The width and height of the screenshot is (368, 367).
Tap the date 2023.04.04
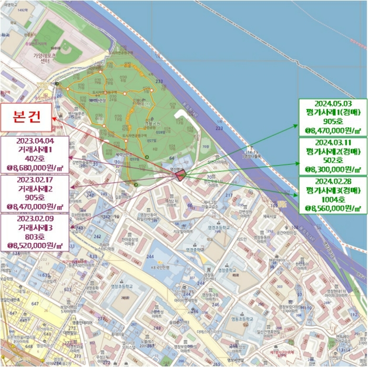tap(35, 141)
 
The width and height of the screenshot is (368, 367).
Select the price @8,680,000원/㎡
tap(35, 167)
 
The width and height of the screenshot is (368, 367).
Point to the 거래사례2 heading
tap(35, 189)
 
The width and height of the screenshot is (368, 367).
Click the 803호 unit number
tap(35, 236)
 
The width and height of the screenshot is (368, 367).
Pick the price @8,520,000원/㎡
tap(35, 245)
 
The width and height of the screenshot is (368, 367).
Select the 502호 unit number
tap(330, 160)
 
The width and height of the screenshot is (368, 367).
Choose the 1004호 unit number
tap(330, 199)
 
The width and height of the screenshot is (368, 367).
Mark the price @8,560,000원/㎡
tap(330, 208)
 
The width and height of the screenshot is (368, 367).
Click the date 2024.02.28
tap(330, 181)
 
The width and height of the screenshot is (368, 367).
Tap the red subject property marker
tap(180, 176)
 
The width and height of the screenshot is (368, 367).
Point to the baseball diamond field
tap(66, 51)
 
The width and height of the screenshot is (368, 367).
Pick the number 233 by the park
tap(159, 81)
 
